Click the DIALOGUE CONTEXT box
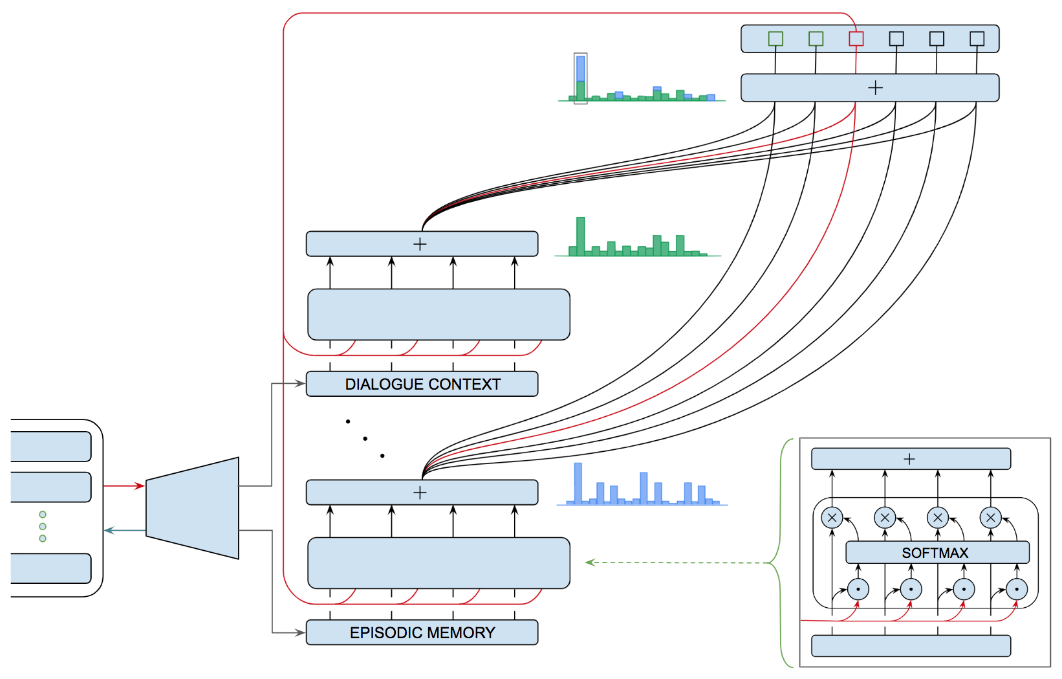coord(422,384)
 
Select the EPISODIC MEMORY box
coord(422,632)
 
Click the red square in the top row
coord(856,39)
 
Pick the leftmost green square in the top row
coord(775,39)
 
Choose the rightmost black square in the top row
coord(977,39)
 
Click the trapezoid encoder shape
coord(192,508)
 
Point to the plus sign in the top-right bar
coord(875,88)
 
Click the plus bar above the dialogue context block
coord(422,244)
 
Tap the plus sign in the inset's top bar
coord(909,459)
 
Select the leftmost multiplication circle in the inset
coord(832,518)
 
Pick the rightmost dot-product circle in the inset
coord(1017,589)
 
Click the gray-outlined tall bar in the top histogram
coord(581,78)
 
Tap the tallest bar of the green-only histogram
coord(581,236)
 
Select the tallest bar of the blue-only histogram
coord(578,483)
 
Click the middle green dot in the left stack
coord(43,526)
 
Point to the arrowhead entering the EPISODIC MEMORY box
coord(300,632)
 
